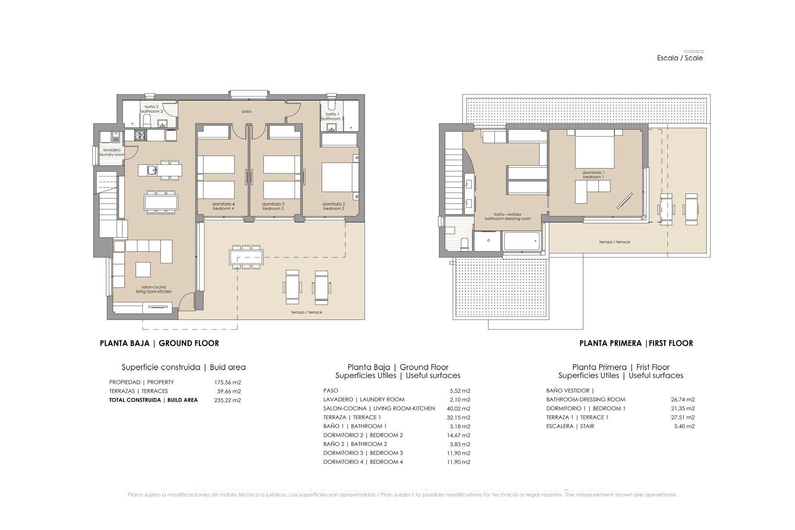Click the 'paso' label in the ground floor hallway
coord(246,111)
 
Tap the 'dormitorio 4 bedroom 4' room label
coord(223,206)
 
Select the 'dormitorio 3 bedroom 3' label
coord(273,206)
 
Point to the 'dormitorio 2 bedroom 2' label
coord(334,206)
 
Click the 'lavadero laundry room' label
coord(112,152)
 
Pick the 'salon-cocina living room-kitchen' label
coord(154,289)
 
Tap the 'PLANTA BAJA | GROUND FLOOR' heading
coord(159,343)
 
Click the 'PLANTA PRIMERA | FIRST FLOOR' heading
coord(636,343)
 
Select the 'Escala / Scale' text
coord(680,58)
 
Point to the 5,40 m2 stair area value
coord(684,426)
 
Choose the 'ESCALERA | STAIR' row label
coord(570,426)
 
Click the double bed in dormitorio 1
coord(594,149)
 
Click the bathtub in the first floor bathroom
coord(522,241)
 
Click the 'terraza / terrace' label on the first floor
coord(614,242)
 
